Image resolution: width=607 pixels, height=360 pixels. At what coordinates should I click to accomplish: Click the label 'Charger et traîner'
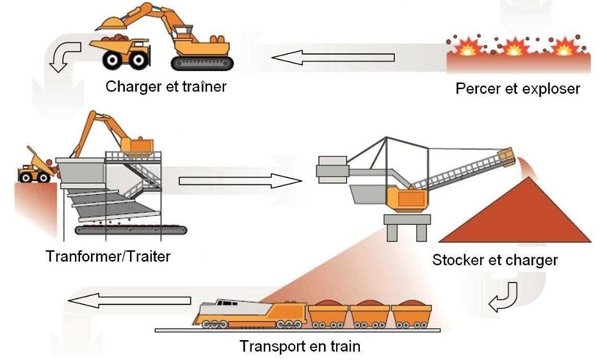[166, 86]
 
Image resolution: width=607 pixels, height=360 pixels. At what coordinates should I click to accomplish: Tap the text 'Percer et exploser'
[517, 88]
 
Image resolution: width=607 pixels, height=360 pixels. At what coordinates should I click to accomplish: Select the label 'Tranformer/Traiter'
[108, 257]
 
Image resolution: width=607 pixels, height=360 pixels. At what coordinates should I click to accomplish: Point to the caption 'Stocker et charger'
[495, 260]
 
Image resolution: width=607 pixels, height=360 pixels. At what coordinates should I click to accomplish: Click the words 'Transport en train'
[300, 347]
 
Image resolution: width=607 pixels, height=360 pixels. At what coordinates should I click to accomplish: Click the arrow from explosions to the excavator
[332, 58]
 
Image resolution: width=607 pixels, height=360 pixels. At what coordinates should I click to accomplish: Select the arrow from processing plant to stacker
[240, 181]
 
